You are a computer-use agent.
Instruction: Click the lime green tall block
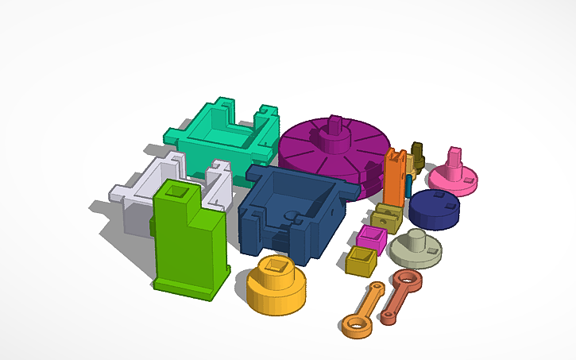(191, 246)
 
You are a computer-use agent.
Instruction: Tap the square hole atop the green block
(173, 191)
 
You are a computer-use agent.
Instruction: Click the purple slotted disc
(318, 155)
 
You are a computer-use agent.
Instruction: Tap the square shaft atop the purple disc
(334, 125)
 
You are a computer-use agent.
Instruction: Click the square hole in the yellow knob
(278, 265)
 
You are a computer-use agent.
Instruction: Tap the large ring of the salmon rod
(407, 279)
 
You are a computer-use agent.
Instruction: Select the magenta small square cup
(371, 237)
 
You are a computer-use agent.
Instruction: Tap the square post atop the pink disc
(455, 157)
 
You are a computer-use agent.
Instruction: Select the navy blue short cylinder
(434, 208)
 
